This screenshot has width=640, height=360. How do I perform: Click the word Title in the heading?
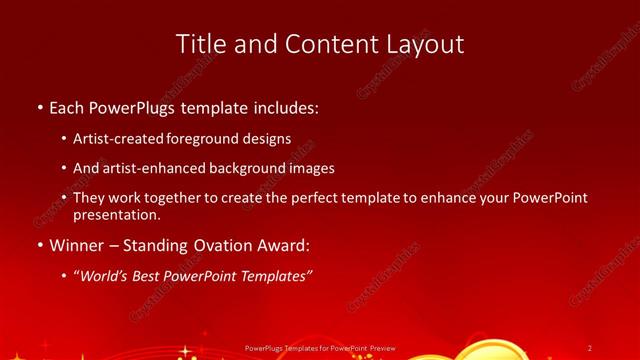pyautogui.click(x=200, y=44)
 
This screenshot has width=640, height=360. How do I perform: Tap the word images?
pyautogui.click(x=309, y=168)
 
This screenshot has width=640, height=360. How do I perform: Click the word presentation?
pyautogui.click(x=116, y=214)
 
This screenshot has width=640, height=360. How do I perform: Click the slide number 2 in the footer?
pyautogui.click(x=589, y=348)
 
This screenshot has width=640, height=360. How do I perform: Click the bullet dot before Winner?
pyautogui.click(x=39, y=243)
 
